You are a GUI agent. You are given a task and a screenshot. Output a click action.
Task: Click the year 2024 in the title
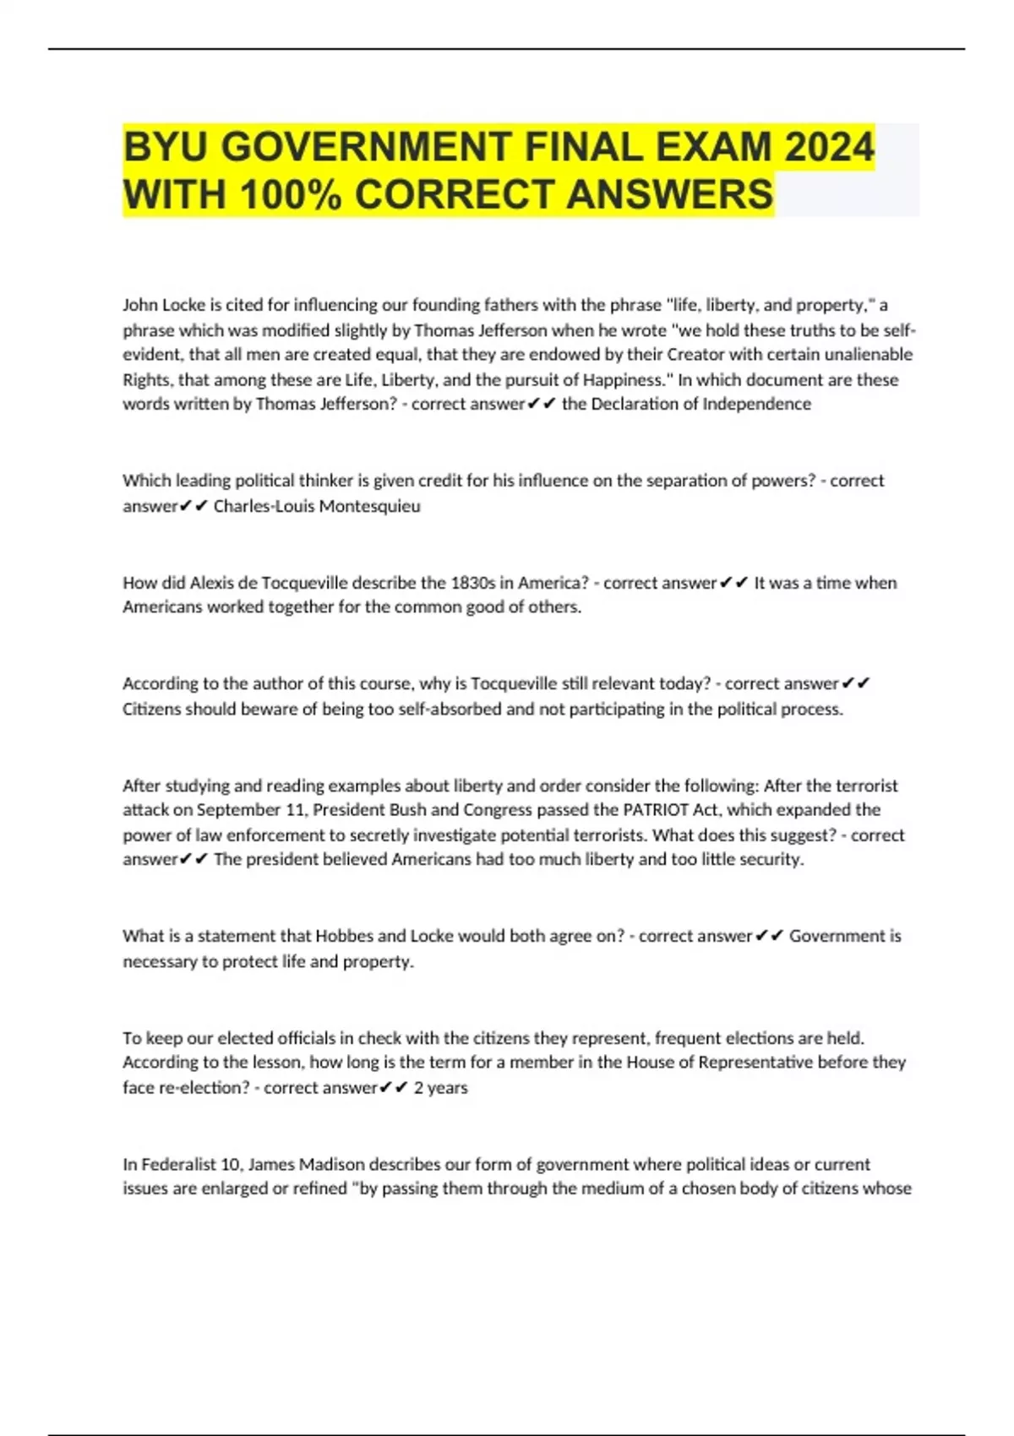[x=828, y=147]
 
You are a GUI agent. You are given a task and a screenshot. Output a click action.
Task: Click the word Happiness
[x=623, y=379]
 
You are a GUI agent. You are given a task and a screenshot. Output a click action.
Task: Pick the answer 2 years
[x=440, y=1087]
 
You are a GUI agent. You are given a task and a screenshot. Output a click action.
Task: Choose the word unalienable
[x=861, y=354]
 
